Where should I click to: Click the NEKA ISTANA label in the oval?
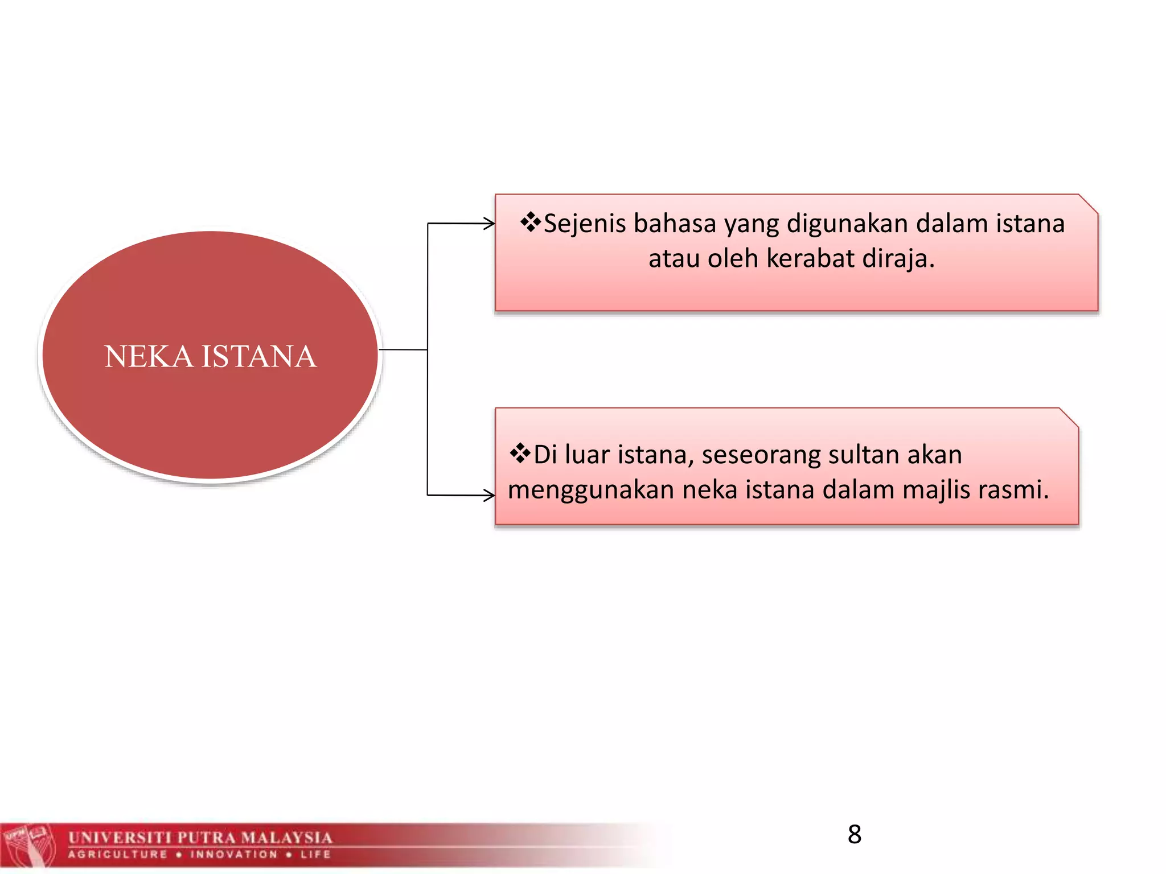pos(210,357)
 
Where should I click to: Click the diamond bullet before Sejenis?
pos(531,222)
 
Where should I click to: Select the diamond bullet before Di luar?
pos(520,454)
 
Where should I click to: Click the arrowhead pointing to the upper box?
pos(489,224)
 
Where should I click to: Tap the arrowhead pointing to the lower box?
pos(489,495)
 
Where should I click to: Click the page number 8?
pos(854,835)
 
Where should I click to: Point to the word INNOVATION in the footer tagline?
pos(234,854)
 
